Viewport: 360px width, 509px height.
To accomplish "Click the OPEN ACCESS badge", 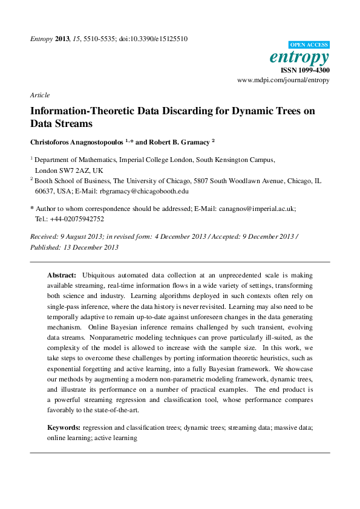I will click(x=309, y=45).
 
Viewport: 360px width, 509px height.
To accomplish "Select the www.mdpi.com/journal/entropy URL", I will click(x=283, y=80).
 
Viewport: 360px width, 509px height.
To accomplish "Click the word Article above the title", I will click(x=39, y=95).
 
